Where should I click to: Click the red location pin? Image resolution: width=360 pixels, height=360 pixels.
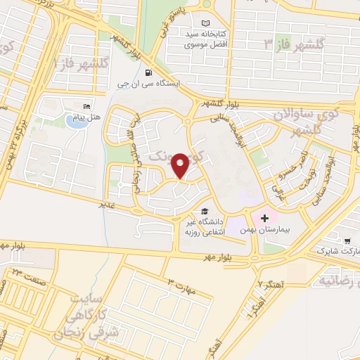(x=180, y=165)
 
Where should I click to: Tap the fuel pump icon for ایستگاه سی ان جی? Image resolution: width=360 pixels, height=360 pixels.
(x=147, y=72)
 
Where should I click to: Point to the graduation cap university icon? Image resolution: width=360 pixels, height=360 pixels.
(x=205, y=211)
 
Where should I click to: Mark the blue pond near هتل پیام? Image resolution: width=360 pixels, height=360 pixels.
(x=75, y=121)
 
